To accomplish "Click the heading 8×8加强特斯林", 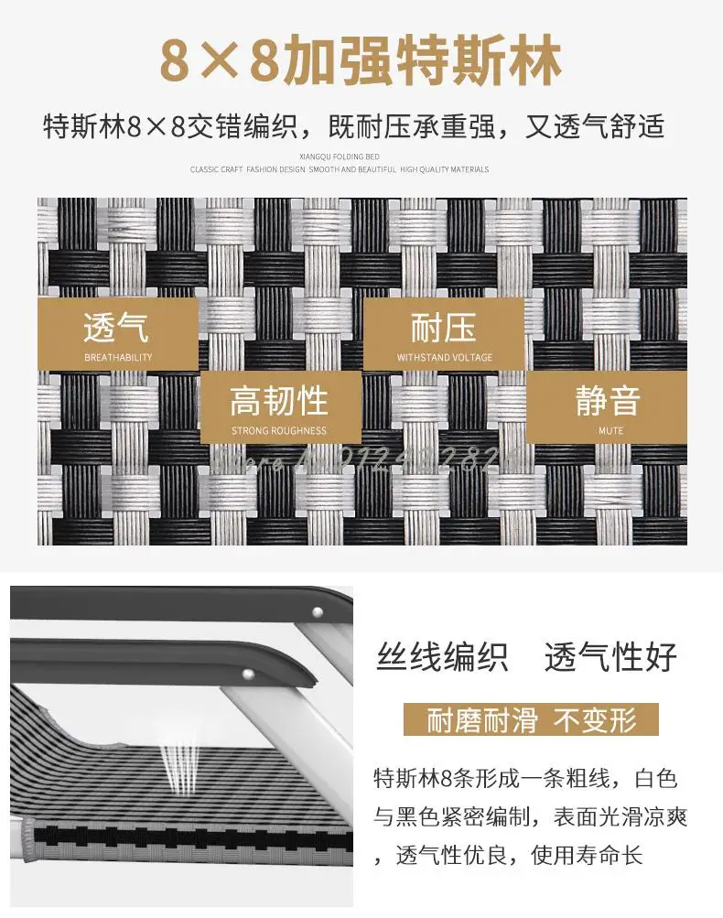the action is (361, 59).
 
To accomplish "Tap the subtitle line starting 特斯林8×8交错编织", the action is (353, 126).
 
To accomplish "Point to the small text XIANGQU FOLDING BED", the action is (339, 157).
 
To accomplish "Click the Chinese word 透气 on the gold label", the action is (116, 326).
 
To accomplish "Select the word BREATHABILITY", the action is (118, 357).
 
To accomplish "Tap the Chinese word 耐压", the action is (444, 326).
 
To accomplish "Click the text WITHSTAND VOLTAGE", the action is (444, 357).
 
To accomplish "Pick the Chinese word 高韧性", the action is (278, 400).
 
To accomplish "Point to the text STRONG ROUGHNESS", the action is (278, 430).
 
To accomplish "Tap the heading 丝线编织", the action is (443, 657).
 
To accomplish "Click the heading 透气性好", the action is (610, 657).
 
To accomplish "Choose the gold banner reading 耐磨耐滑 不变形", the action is (531, 719).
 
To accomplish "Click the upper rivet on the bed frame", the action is (318, 612).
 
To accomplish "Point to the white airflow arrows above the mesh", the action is (178, 752).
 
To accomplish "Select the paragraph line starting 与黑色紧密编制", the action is (525, 817).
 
